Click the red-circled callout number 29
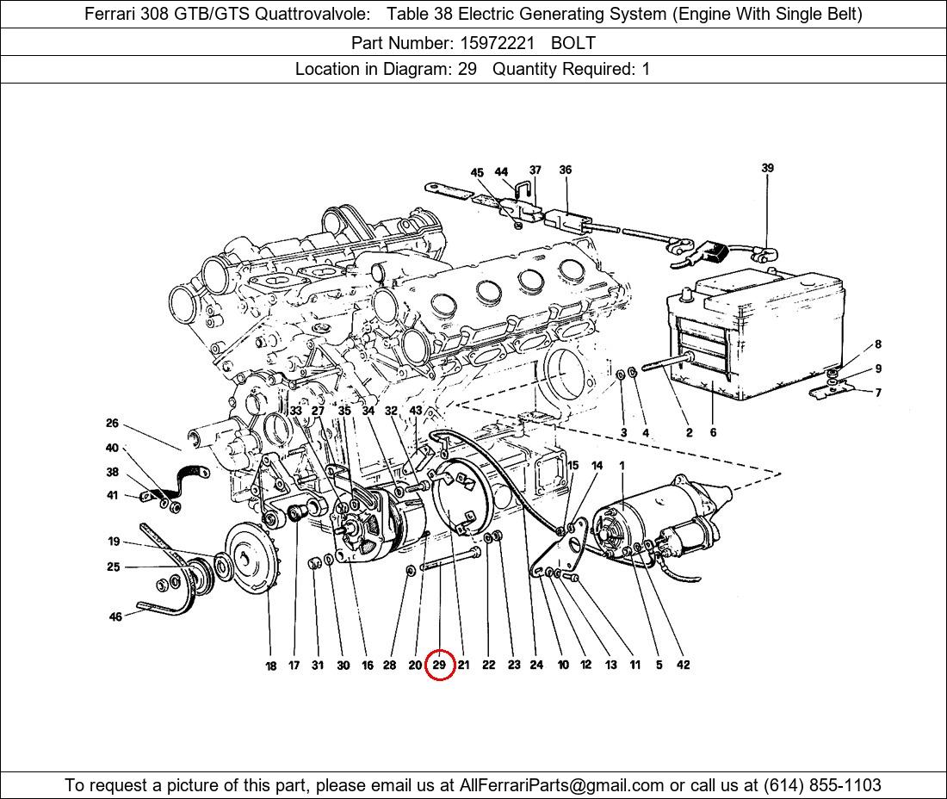pyautogui.click(x=439, y=665)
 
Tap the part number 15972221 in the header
pyautogui.click(x=497, y=43)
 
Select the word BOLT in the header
pyautogui.click(x=573, y=43)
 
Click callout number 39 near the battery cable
pyautogui.click(x=767, y=168)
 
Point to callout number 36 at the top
pyautogui.click(x=566, y=170)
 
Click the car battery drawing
pyautogui.click(x=756, y=334)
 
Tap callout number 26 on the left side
pyautogui.click(x=112, y=423)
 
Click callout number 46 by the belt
pyautogui.click(x=115, y=616)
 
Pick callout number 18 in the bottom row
pyautogui.click(x=270, y=666)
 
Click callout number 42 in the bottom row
pyautogui.click(x=683, y=665)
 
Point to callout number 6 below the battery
pyautogui.click(x=714, y=432)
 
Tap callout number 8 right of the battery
pyautogui.click(x=878, y=344)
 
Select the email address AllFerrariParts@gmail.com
pyautogui.click(x=561, y=785)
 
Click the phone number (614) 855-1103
pyautogui.click(x=822, y=785)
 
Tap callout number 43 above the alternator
pyautogui.click(x=416, y=410)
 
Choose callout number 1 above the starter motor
pyautogui.click(x=622, y=466)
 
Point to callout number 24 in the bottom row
pyautogui.click(x=536, y=665)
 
